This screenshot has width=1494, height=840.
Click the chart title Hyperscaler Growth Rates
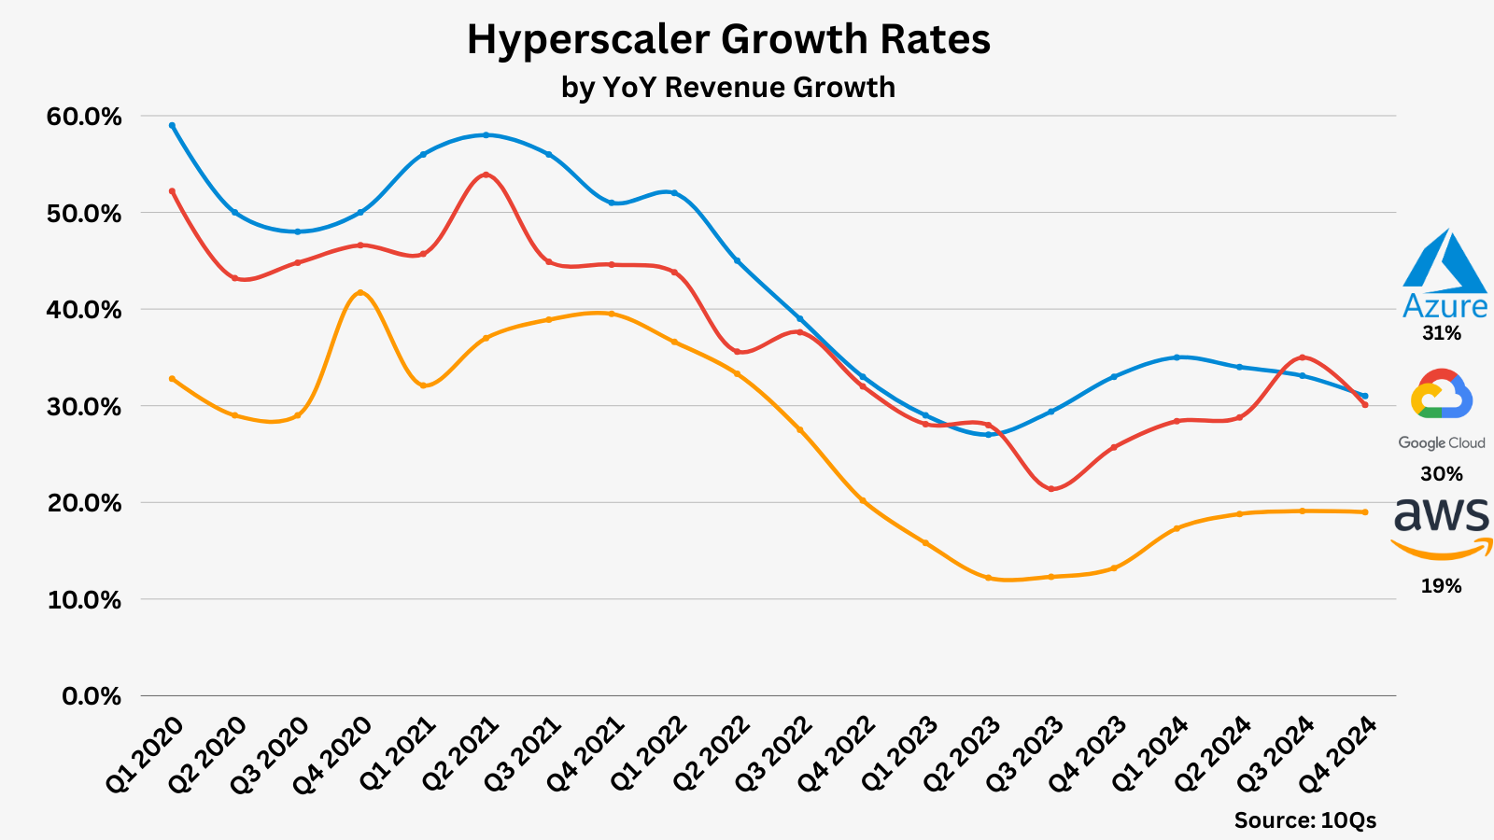(728, 40)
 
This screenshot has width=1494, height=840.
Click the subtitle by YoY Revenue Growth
(728, 87)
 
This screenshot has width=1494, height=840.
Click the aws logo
(1442, 527)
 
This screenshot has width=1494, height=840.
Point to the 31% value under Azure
(1441, 333)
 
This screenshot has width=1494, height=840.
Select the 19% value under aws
(1441, 586)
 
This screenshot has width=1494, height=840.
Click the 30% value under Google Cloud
(1441, 474)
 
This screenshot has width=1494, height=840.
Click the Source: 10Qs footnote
(1304, 820)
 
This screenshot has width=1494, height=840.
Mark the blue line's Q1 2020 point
(172, 125)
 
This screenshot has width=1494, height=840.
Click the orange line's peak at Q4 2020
(360, 292)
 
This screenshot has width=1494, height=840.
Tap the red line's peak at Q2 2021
(486, 175)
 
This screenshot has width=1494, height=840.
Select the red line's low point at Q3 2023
(1050, 489)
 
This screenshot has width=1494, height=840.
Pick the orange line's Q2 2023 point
(988, 578)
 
